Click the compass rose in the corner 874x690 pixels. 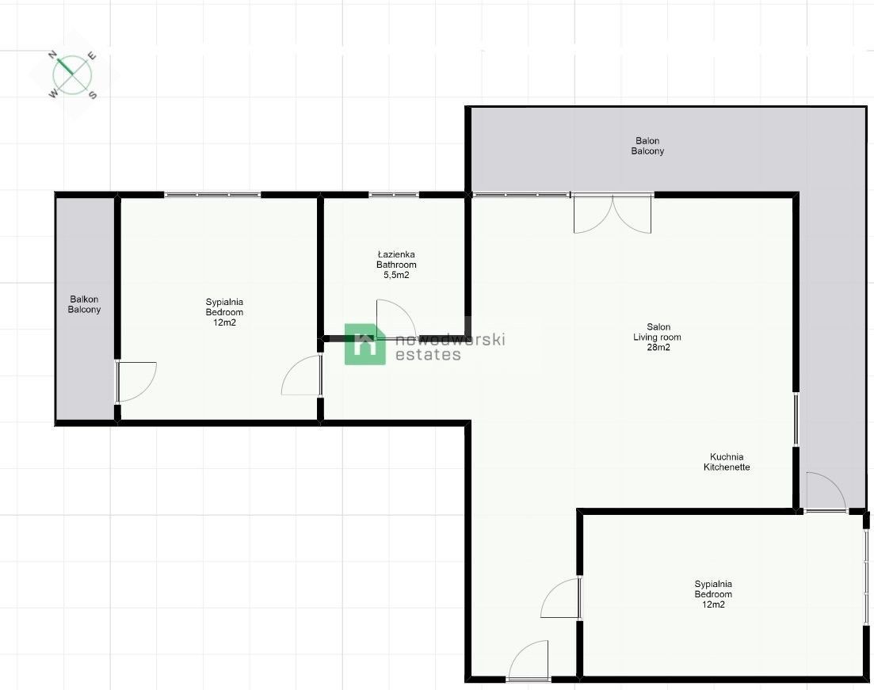(x=73, y=75)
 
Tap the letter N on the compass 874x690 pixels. (x=53, y=55)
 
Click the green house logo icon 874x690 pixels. (x=365, y=345)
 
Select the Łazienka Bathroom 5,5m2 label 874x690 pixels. (x=396, y=265)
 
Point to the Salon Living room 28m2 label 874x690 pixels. (x=658, y=337)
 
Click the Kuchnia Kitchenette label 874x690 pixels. (x=727, y=462)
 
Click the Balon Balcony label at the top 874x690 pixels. (x=647, y=146)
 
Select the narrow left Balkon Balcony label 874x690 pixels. (x=85, y=304)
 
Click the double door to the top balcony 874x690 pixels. (x=613, y=214)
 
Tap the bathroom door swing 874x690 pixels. (x=395, y=319)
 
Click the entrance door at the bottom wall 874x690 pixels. (x=529, y=661)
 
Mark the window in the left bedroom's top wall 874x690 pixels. (x=212, y=194)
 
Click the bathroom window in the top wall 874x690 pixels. (x=394, y=194)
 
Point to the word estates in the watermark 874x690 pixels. (x=428, y=355)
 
